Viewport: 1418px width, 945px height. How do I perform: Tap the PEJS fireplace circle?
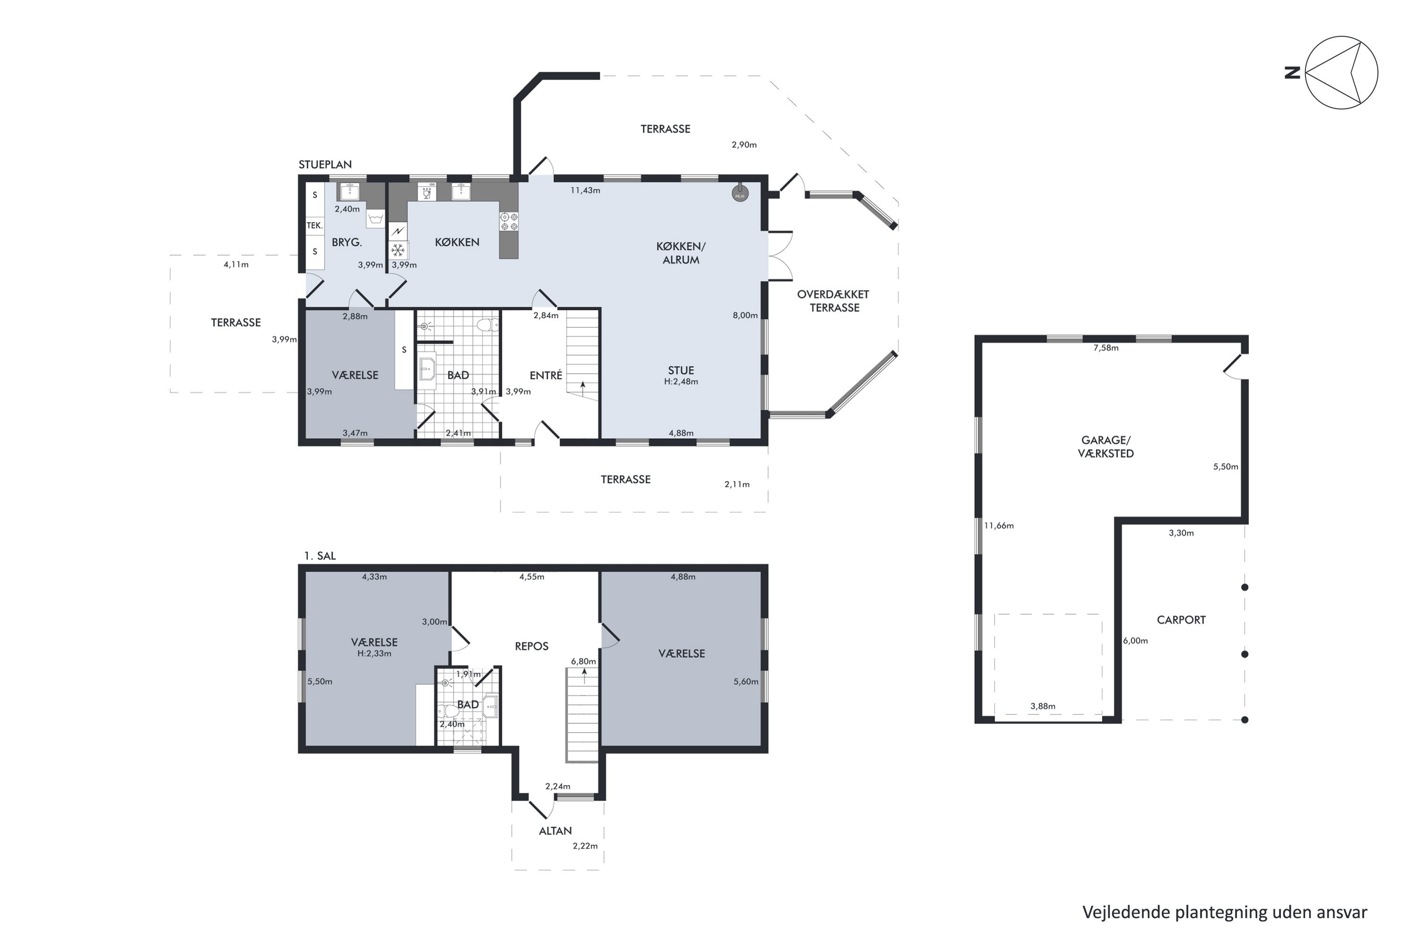pyautogui.click(x=740, y=193)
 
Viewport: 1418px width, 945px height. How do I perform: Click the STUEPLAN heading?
pyautogui.click(x=325, y=164)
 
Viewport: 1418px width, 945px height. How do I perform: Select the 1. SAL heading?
pyautogui.click(x=320, y=556)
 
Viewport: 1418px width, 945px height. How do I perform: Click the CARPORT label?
pyautogui.click(x=1181, y=619)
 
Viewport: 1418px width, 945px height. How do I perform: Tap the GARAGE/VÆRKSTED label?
pyautogui.click(x=1106, y=447)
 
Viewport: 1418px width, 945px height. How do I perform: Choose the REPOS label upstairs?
pyautogui.click(x=531, y=646)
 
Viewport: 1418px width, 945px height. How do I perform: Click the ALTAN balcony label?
pyautogui.click(x=555, y=831)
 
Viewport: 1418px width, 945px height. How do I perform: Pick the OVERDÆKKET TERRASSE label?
pyautogui.click(x=834, y=301)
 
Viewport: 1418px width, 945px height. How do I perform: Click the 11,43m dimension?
pyautogui.click(x=586, y=190)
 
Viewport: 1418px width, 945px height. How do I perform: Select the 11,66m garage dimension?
pyautogui.click(x=999, y=525)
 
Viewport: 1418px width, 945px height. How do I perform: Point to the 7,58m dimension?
pyautogui.click(x=1106, y=348)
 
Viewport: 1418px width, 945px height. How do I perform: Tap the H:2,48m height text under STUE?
pyautogui.click(x=681, y=381)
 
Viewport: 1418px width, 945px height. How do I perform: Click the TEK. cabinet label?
pyautogui.click(x=315, y=225)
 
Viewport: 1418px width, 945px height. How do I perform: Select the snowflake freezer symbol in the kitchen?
pyautogui.click(x=398, y=249)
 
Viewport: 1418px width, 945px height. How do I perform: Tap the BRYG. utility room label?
pyautogui.click(x=346, y=242)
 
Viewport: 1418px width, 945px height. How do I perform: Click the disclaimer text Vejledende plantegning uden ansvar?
pyautogui.click(x=1225, y=912)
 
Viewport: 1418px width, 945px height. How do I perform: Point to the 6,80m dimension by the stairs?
pyautogui.click(x=584, y=661)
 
